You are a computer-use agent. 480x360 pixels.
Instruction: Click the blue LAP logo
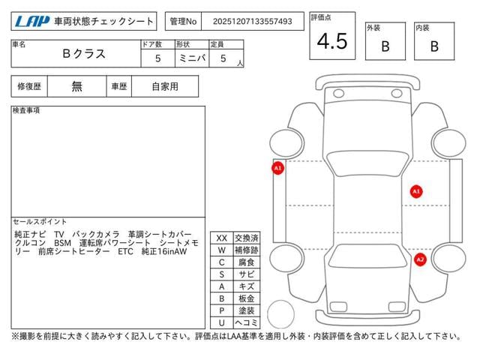click(32, 21)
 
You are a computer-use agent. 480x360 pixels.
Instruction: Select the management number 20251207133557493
click(253, 22)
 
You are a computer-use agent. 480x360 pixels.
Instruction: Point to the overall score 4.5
click(332, 41)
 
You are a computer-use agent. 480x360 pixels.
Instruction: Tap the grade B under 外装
click(385, 46)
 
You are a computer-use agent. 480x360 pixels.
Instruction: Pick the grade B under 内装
click(434, 46)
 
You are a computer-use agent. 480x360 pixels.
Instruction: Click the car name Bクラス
click(84, 54)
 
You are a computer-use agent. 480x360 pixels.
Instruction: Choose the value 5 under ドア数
click(158, 58)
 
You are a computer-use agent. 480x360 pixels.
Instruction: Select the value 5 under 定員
click(223, 58)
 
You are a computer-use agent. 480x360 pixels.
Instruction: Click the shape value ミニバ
click(192, 58)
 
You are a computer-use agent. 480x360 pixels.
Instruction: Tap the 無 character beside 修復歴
click(76, 86)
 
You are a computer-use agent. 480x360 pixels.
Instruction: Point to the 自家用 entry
click(165, 87)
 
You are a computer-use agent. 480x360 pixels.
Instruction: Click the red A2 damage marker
click(420, 260)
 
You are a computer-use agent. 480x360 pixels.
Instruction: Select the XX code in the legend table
click(222, 238)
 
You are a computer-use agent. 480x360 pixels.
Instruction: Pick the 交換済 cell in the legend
click(247, 238)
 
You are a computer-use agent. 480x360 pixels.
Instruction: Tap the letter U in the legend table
click(222, 322)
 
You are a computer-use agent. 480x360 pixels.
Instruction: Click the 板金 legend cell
click(247, 298)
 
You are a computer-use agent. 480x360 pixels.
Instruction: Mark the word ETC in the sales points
click(125, 252)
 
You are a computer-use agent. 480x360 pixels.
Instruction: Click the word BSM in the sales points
click(62, 243)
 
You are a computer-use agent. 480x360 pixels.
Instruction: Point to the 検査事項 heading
click(26, 110)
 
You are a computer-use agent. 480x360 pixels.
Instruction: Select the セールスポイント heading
click(40, 222)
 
